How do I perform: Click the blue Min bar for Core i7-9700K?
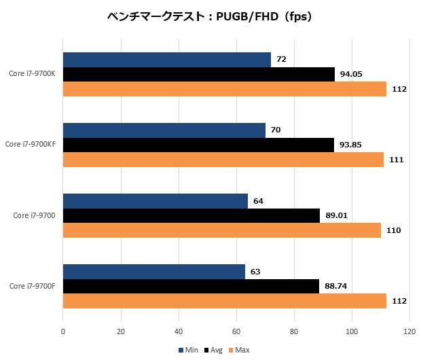[166, 60]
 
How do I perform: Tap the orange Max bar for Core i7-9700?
[221, 230]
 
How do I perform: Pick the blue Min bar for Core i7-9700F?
[153, 272]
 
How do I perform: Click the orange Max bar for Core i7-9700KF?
[223, 160]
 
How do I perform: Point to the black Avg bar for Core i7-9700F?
[191, 287]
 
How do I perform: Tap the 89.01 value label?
[337, 216]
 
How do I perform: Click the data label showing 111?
[397, 160]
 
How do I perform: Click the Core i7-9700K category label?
[33, 74]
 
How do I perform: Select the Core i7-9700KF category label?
[31, 145]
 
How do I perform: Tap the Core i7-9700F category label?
[33, 287]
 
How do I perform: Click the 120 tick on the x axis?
[409, 332]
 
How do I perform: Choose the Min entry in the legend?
[188, 350]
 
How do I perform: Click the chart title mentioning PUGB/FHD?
[210, 17]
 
